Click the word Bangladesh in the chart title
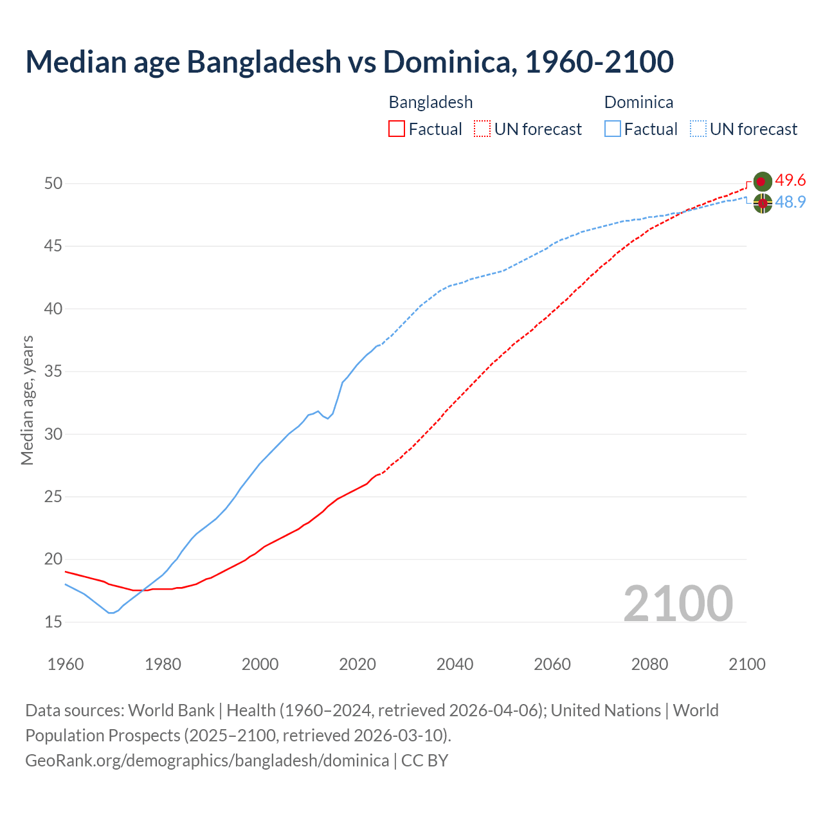[x=264, y=62]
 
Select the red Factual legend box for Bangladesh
[x=397, y=129]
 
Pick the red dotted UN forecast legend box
[x=482, y=129]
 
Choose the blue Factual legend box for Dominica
[x=613, y=129]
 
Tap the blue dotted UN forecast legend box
[x=698, y=129]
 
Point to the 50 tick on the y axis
[x=53, y=184]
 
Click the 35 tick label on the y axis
[x=53, y=372]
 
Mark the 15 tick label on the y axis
[x=53, y=622]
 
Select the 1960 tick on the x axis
[x=66, y=664]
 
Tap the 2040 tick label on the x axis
[x=455, y=664]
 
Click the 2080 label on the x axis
[x=649, y=664]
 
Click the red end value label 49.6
[x=790, y=181]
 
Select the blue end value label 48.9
[x=790, y=203]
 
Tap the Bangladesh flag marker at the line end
[x=763, y=181]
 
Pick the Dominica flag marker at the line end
[x=763, y=203]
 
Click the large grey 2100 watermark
[x=678, y=604]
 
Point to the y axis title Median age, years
[x=27, y=400]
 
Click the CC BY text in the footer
[x=424, y=761]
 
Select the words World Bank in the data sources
[x=171, y=710]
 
